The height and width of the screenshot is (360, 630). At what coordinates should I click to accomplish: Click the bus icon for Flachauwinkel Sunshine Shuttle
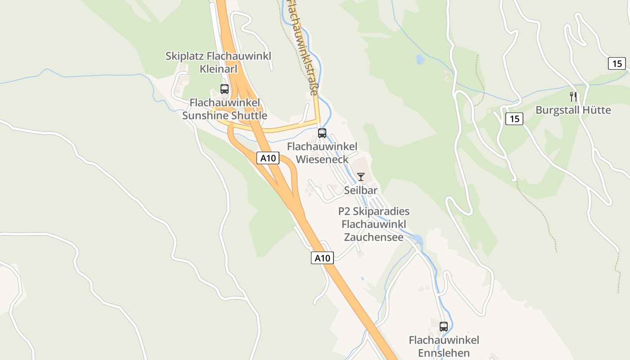tap(225, 89)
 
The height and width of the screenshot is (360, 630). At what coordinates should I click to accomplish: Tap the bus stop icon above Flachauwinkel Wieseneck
tap(322, 133)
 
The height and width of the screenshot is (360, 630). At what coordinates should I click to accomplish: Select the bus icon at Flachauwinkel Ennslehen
tap(444, 327)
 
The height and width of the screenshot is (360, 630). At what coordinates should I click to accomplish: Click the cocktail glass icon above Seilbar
tap(360, 176)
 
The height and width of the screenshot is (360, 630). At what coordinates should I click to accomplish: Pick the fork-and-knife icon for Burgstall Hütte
tap(573, 96)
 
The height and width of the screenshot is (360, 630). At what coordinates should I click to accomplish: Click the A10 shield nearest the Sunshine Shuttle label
tap(268, 158)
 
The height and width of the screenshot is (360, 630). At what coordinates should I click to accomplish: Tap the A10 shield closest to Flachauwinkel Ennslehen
tap(322, 258)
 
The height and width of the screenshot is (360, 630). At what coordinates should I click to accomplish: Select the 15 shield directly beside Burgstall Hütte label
tap(514, 119)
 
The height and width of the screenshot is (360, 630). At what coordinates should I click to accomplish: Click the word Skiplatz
tap(184, 56)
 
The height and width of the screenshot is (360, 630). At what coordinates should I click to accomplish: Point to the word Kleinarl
tap(218, 69)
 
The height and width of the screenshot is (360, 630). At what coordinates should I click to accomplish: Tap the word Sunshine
tap(205, 116)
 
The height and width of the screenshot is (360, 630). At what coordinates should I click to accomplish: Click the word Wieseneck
tap(322, 159)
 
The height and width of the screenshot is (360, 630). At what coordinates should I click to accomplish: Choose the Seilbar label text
tap(360, 190)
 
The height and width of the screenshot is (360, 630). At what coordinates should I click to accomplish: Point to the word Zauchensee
tap(373, 237)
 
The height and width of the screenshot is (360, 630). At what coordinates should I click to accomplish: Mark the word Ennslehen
tap(444, 353)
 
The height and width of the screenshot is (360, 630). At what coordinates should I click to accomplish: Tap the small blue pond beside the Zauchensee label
tap(418, 239)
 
